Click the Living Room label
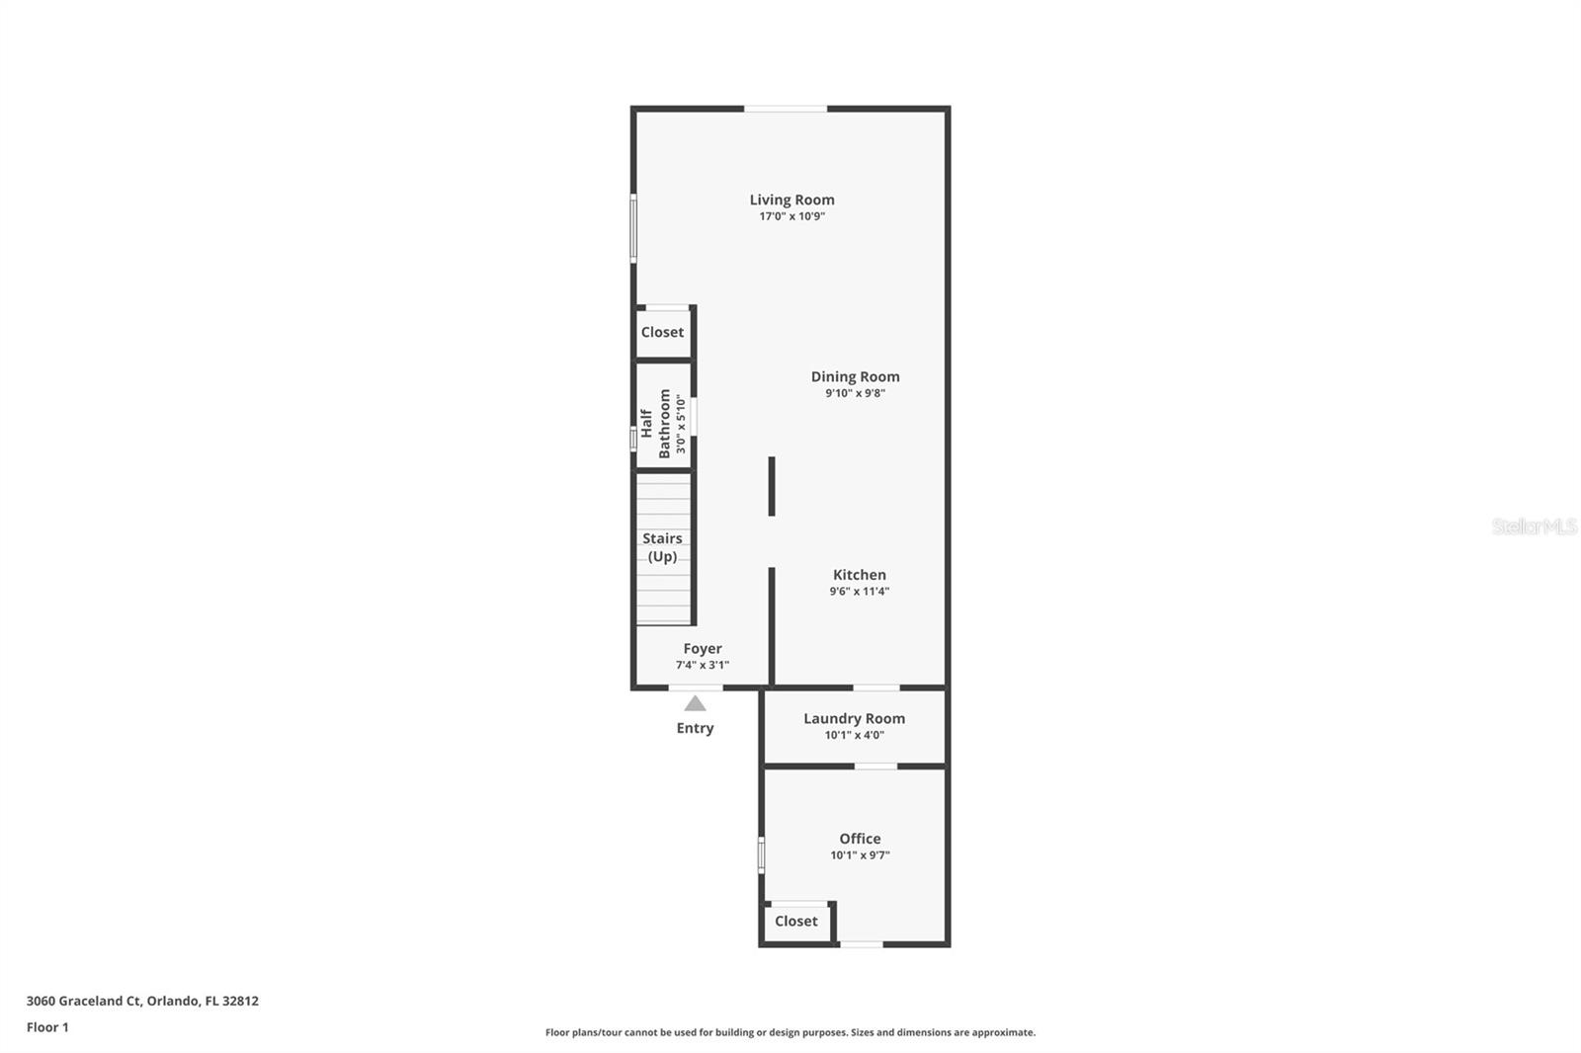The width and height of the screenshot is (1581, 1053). [791, 200]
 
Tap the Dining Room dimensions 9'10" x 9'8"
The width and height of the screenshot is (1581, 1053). [855, 393]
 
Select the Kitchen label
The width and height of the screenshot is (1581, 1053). [859, 574]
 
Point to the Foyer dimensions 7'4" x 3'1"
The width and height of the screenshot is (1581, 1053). [702, 665]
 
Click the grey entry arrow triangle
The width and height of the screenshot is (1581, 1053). [695, 703]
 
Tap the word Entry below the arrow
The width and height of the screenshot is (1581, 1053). [695, 728]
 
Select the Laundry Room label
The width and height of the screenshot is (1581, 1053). [854, 718]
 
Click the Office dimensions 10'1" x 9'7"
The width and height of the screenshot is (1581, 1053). [860, 855]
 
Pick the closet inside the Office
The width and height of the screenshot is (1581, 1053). [795, 921]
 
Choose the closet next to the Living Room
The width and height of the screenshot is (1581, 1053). [662, 332]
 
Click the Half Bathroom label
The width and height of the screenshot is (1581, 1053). [656, 423]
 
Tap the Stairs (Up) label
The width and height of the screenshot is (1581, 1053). [662, 547]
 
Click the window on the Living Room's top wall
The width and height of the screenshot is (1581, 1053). [786, 109]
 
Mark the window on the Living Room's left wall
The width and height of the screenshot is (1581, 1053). [633, 227]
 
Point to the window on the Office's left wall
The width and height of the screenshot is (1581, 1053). [761, 854]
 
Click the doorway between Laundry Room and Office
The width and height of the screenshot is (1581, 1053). [875, 766]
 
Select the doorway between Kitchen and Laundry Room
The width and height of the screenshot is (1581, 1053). [875, 688]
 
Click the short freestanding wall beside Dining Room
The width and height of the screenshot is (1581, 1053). [772, 485]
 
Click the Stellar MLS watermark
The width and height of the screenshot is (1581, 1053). [1534, 526]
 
